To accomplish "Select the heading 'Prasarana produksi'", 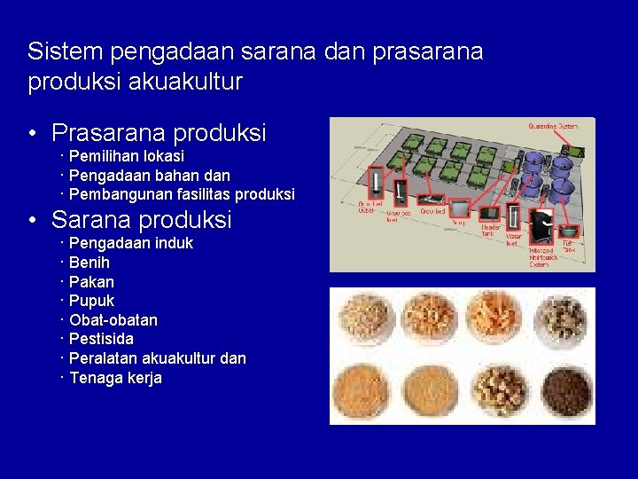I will tap(159, 133).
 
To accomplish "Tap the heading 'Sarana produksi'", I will tap(141, 219).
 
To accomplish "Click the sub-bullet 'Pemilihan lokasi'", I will tap(126, 156).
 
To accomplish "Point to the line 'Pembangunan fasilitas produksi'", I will tap(181, 194).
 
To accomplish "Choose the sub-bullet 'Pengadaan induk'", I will tap(130, 243).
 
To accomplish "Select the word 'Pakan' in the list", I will tap(91, 282).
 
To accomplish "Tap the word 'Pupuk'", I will tap(91, 301).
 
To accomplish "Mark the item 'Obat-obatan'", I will tap(113, 320).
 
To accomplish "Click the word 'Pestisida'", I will tap(101, 339).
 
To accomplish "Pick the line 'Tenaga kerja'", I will tap(115, 378).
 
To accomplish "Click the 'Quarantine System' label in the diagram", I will tap(555, 126).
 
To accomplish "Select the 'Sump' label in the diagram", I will tap(459, 223).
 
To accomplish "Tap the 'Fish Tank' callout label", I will tap(568, 247).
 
